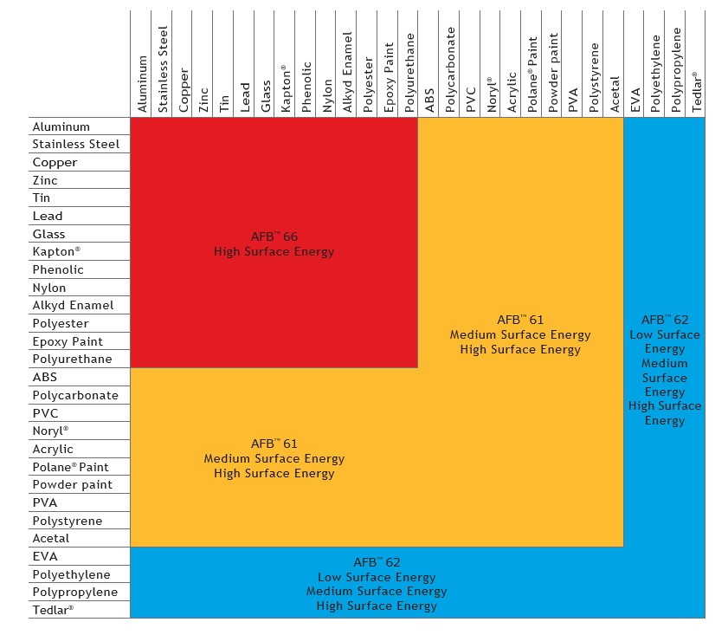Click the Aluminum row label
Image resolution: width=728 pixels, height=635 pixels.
click(61, 126)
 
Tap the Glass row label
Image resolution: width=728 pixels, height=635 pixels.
click(48, 234)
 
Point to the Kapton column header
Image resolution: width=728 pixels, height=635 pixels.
click(286, 87)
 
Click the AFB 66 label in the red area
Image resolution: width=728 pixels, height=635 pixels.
click(274, 236)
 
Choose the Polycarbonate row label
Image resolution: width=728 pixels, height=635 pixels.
click(75, 395)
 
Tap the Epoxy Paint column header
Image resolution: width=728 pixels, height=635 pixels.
click(390, 77)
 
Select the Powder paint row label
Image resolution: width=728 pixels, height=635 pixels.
click(73, 485)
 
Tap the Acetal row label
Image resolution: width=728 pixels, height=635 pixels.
click(50, 539)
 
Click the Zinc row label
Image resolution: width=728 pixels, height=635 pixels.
click(46, 180)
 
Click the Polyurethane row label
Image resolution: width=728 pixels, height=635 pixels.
click(72, 360)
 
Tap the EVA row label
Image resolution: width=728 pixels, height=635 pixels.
click(45, 556)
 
